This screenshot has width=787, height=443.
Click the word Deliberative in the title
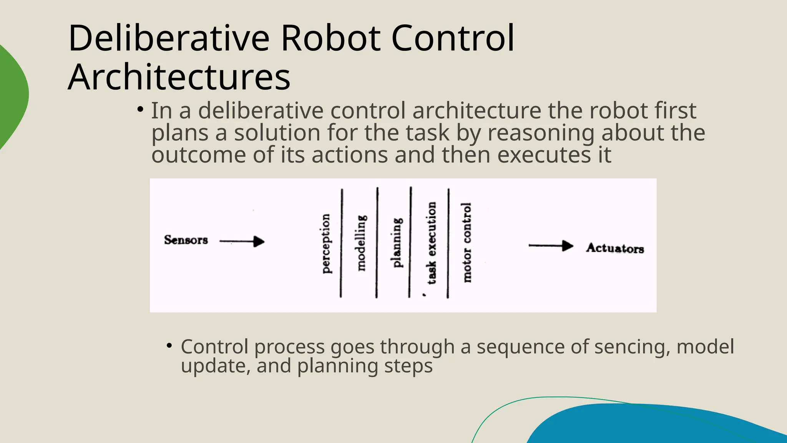169,38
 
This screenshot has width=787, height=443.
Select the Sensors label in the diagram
186,240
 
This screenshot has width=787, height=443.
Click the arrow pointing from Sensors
242,241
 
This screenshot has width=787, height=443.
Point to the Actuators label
615,248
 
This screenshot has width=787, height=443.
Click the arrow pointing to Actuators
551,246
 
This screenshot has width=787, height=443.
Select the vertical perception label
325,244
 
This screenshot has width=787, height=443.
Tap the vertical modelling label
361,243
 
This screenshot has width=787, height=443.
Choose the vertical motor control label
467,243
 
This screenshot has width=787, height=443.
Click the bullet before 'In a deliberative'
140,110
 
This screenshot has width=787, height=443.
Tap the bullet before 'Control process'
169,346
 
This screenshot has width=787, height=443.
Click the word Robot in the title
331,38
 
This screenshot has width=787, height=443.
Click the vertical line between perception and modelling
341,243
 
